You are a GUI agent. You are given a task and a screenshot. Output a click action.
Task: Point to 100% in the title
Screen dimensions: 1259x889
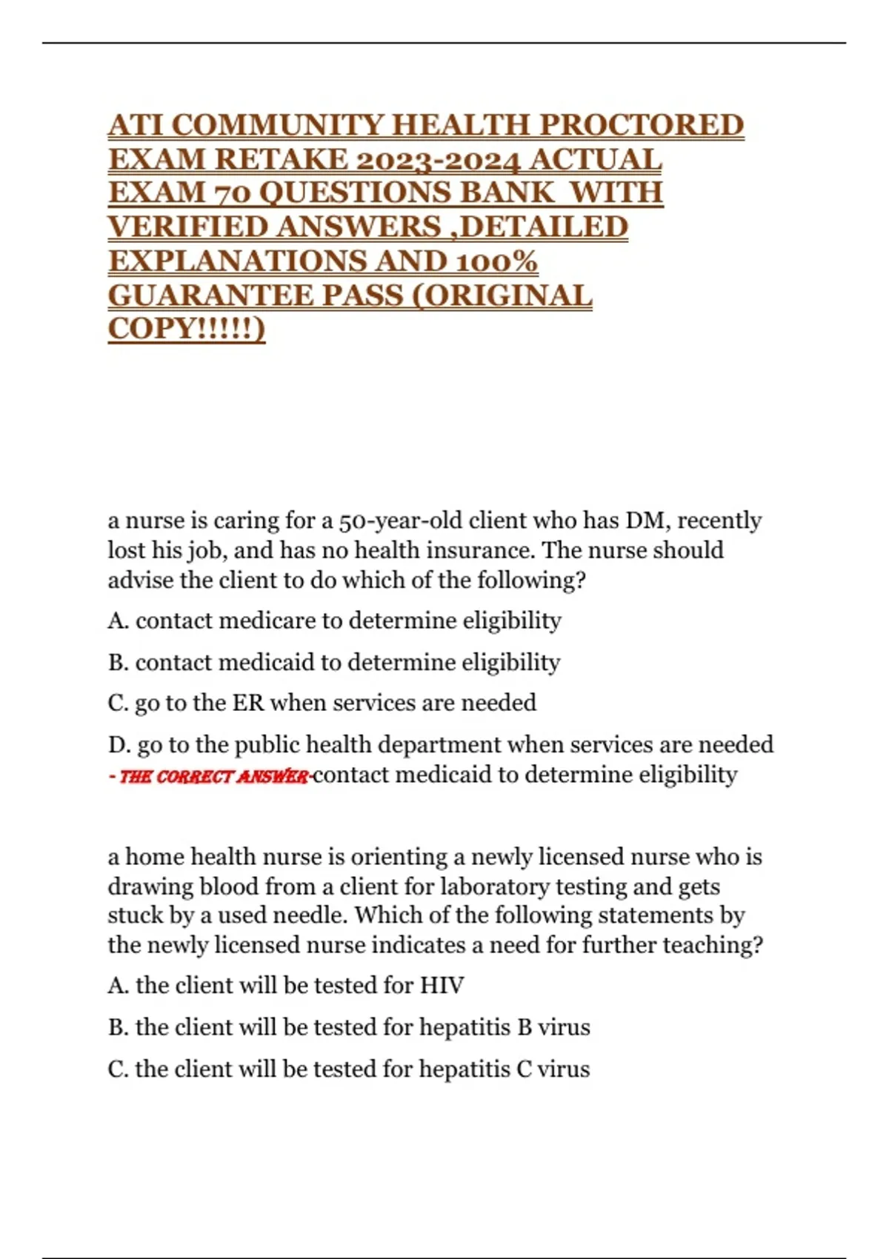coord(496,261)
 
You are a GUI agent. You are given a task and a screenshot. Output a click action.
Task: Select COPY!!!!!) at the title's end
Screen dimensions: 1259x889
coord(186,329)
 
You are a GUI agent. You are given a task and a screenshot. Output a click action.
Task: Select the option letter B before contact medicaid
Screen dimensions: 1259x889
coord(117,662)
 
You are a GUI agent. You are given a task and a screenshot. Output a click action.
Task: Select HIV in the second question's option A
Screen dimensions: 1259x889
coord(442,986)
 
